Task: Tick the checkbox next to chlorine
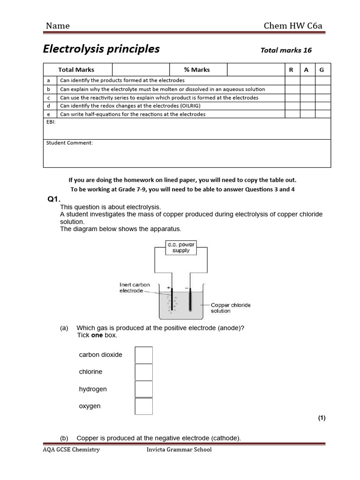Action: click(143, 372)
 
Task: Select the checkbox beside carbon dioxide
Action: click(143, 355)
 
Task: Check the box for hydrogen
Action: click(143, 389)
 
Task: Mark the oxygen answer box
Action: click(143, 406)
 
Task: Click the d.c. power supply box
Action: click(181, 247)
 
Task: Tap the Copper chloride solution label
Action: click(230, 307)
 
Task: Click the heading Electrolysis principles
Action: click(101, 49)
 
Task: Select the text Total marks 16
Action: click(286, 50)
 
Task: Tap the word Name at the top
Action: click(58, 26)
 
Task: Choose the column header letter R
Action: click(291, 70)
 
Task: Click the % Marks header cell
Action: click(197, 70)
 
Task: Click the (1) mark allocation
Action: click(322, 418)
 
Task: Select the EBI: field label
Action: click(51, 121)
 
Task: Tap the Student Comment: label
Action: click(69, 143)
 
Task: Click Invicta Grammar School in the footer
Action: click(179, 450)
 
